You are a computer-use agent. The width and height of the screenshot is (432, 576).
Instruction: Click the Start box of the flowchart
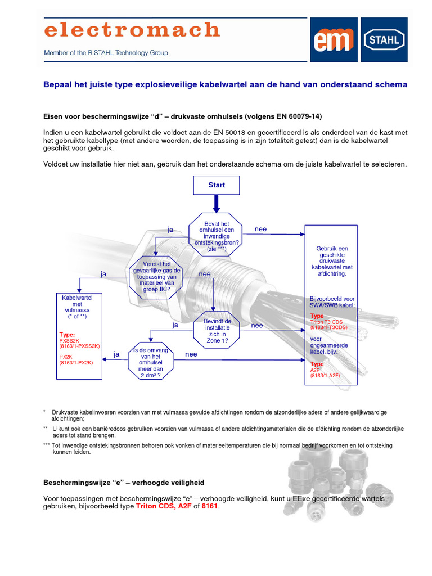[217, 185]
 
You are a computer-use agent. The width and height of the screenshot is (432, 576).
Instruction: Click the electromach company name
[132, 30]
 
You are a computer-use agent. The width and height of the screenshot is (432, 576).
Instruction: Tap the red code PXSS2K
[71, 340]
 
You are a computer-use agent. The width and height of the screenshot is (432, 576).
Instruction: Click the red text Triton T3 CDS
[328, 322]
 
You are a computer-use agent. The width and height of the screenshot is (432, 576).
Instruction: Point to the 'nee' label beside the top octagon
[261, 229]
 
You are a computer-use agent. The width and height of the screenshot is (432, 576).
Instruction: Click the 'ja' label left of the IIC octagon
[103, 274]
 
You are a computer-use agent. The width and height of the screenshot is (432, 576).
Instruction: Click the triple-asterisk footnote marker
[47, 445]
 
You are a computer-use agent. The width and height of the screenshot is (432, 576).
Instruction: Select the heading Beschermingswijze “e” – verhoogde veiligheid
[124, 483]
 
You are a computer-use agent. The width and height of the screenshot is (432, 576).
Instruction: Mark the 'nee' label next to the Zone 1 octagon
[257, 325]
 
